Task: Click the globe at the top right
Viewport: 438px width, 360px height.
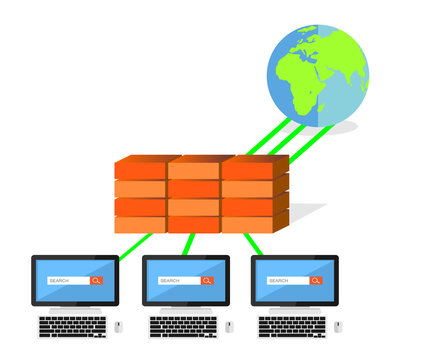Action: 317,76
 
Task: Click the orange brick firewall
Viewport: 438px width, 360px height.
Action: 201,194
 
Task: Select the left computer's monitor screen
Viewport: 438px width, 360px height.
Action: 75,280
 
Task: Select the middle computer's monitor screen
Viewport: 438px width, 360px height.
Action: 186,280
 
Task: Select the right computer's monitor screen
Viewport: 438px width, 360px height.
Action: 294,280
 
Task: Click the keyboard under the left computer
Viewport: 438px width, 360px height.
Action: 72,327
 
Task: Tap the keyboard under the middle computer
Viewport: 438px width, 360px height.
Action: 183,327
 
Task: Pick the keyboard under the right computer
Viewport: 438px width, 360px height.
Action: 291,327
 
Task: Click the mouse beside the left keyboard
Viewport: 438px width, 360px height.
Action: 118,326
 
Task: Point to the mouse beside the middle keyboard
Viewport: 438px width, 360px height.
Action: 229,326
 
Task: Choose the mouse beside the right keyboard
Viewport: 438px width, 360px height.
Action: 337,326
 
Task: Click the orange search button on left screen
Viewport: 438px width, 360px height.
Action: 97,281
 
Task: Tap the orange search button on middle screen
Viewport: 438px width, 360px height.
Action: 207,281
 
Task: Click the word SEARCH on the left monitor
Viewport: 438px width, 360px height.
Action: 60,281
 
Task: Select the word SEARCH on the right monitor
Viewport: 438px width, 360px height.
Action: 279,281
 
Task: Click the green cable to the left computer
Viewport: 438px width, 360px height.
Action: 136,246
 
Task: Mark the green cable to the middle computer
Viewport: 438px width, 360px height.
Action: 188,244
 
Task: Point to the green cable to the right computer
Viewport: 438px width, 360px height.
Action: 253,244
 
